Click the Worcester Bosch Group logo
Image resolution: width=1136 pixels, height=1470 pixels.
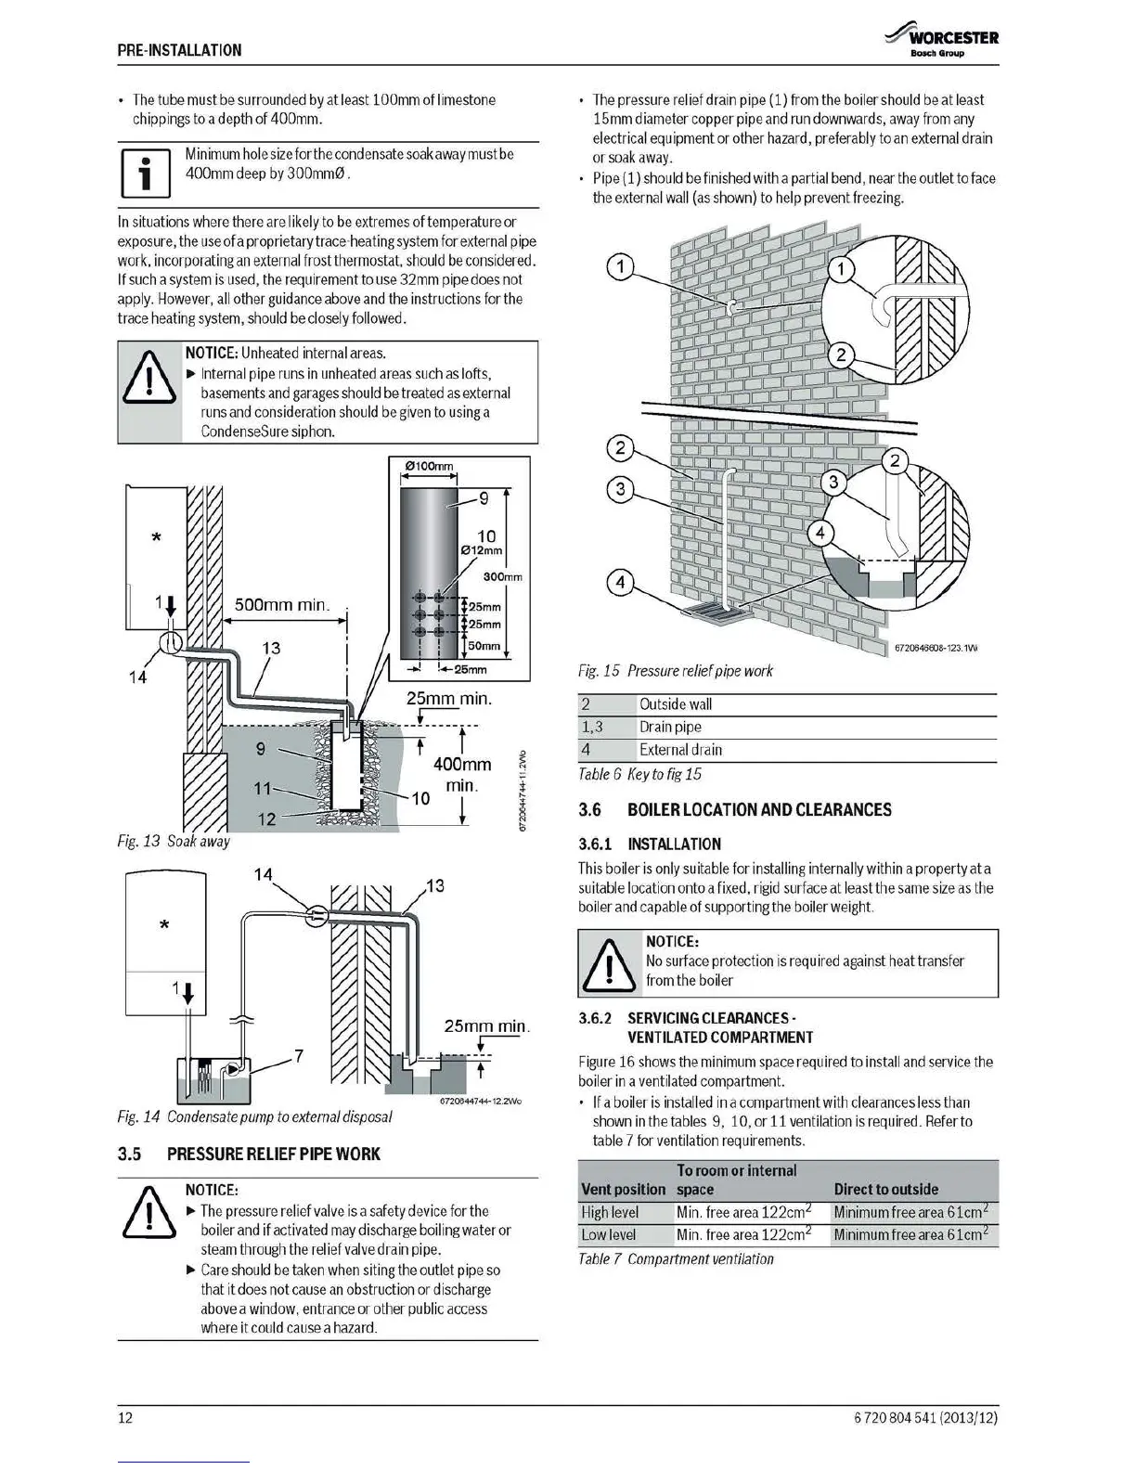pos(941,42)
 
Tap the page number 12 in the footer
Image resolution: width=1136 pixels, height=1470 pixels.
pos(125,1417)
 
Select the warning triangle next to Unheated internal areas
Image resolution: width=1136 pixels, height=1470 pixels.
pos(149,383)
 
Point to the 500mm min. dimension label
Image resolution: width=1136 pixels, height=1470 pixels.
pos(282,605)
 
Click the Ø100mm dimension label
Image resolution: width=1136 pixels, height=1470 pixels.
pos(429,466)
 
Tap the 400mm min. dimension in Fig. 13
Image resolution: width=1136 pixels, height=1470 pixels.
pos(462,774)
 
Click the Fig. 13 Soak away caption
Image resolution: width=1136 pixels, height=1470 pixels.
pos(174,841)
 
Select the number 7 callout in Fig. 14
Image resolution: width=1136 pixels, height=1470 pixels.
pos(298,1055)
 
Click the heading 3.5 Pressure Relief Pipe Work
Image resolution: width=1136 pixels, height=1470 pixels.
pos(249,1154)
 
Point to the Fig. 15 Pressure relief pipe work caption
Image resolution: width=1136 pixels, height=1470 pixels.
pos(676,671)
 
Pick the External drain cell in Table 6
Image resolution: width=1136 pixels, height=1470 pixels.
pos(680,750)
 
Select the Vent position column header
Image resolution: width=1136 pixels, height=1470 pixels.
pos(624,1189)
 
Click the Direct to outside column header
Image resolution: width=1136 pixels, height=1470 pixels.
pos(885,1189)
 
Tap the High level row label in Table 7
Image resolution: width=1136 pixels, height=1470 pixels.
pos(610,1212)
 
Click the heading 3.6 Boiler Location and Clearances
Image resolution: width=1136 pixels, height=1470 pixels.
pos(735,809)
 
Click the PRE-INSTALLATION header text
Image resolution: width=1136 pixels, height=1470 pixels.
pos(179,50)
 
